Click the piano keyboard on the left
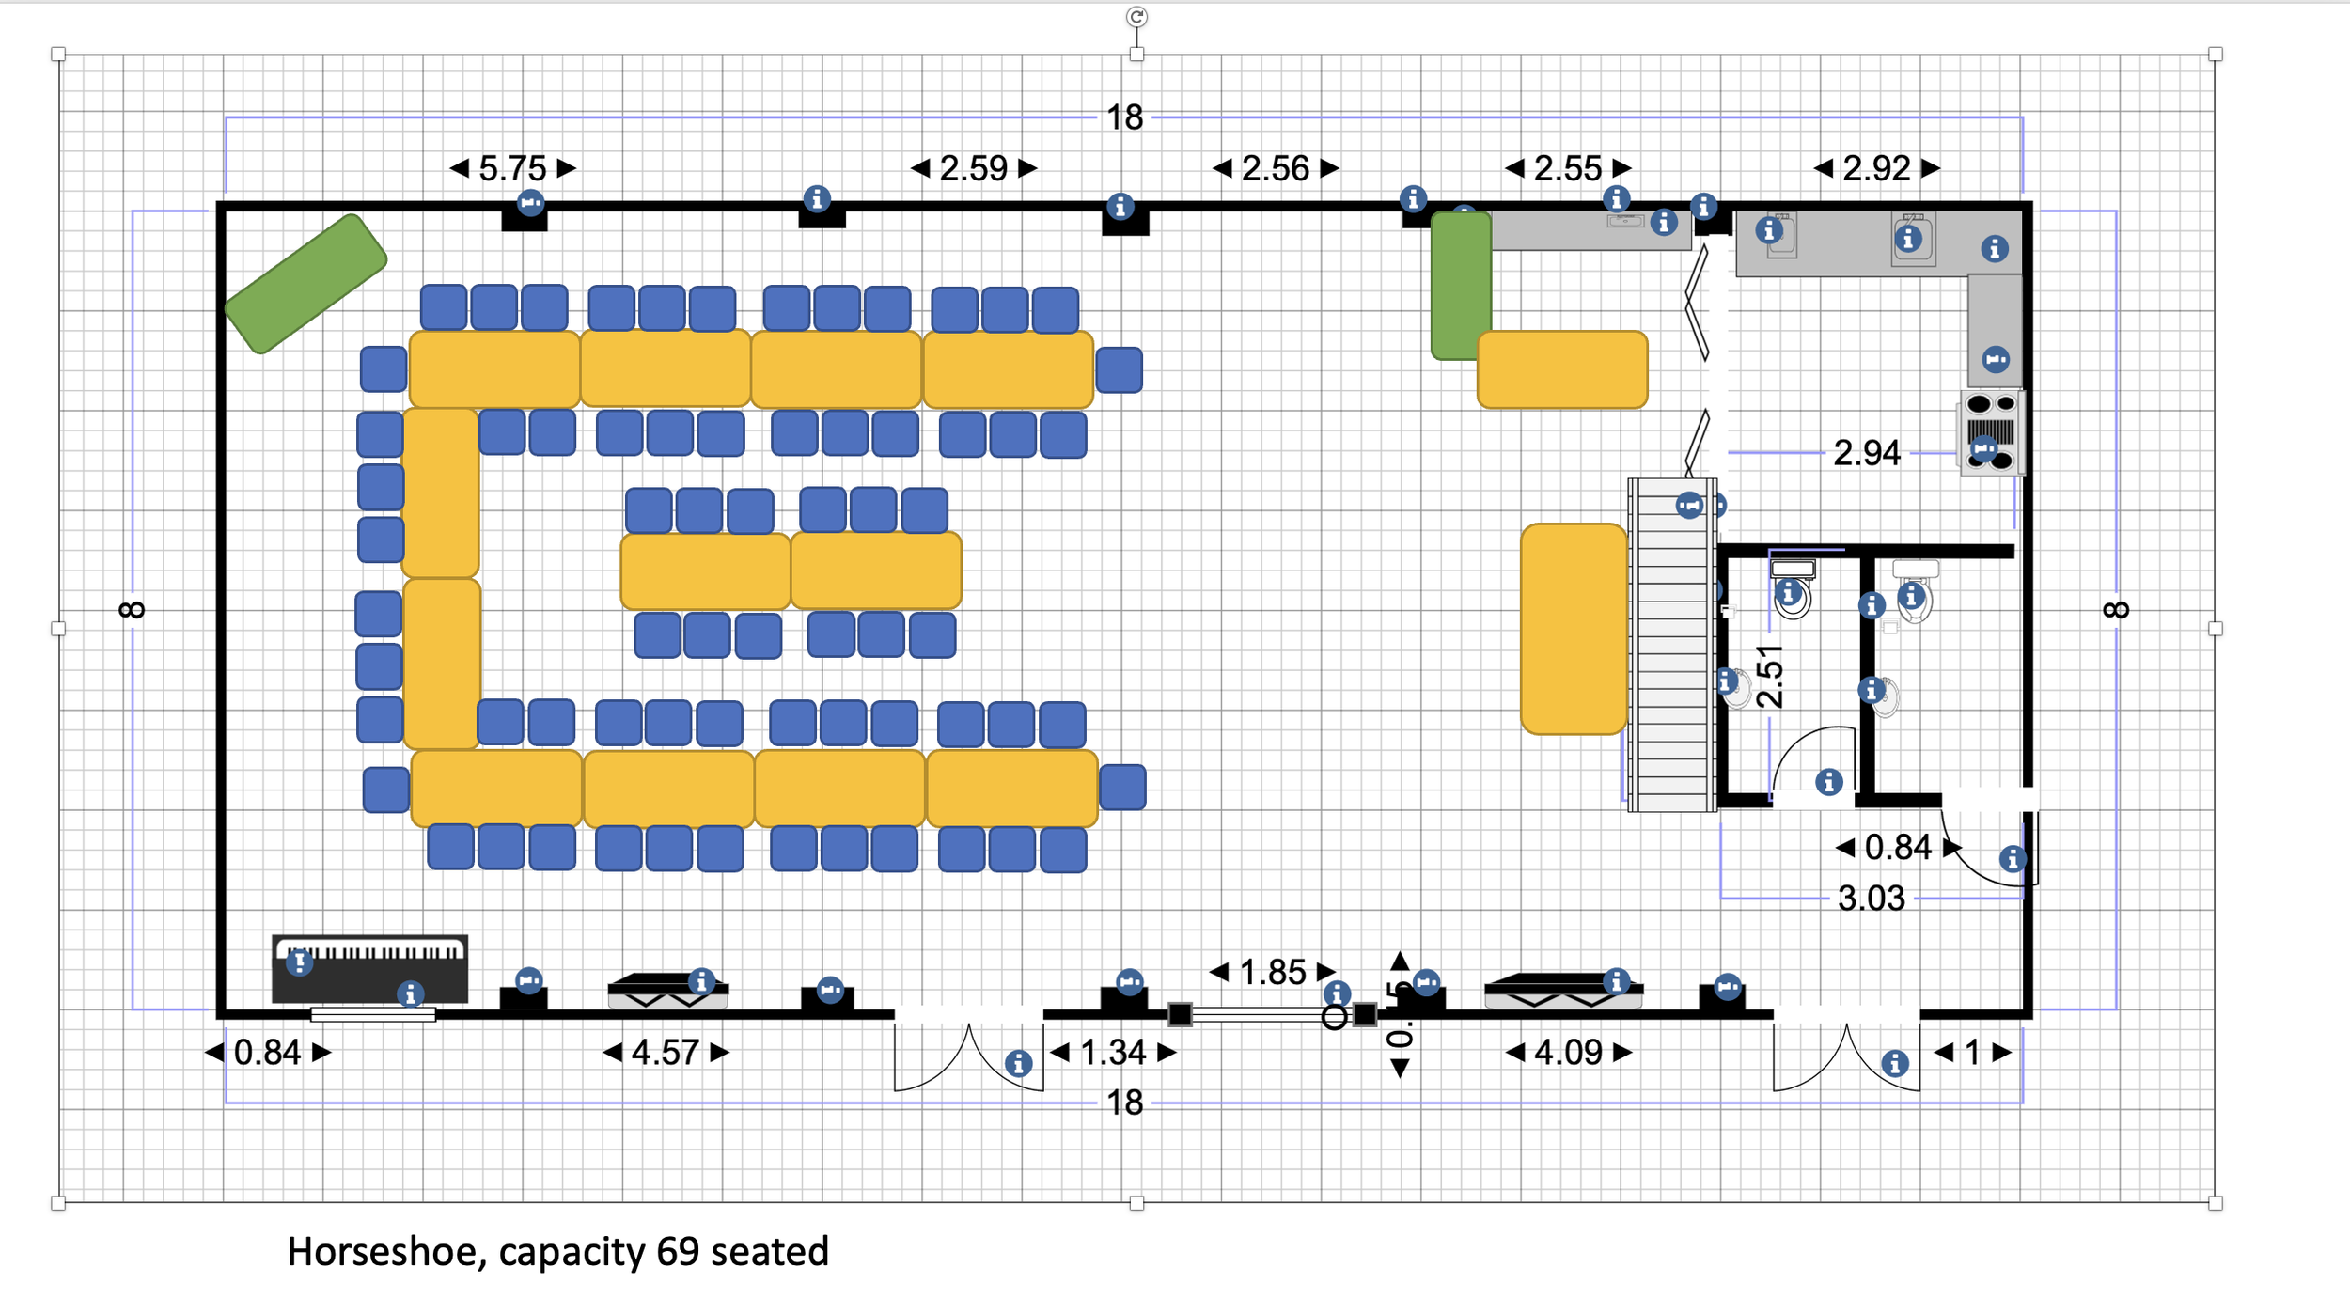[369, 968]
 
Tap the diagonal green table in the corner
[305, 284]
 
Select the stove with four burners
[1992, 433]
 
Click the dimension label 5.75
[512, 168]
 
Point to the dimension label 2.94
[1866, 453]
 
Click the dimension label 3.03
[1871, 899]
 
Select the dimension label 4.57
[666, 1052]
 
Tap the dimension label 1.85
[1273, 972]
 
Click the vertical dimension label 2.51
[1769, 676]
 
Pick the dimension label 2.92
[1876, 168]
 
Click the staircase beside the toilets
[1672, 649]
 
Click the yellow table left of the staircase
[1573, 628]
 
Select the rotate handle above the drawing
[1136, 16]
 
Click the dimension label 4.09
[1568, 1052]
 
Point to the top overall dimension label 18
[1124, 117]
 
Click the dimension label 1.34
[1113, 1052]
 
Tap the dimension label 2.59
[974, 168]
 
